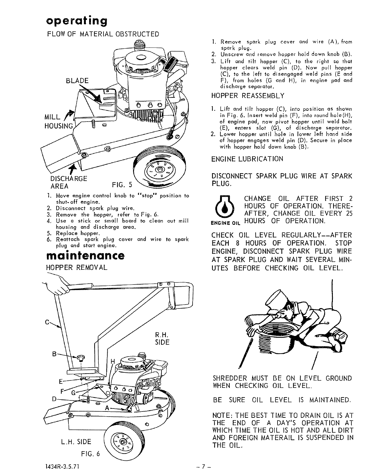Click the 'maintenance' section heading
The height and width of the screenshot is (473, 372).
(x=85, y=256)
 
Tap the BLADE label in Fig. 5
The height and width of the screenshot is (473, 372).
(x=77, y=81)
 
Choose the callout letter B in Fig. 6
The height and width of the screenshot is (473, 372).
(x=54, y=354)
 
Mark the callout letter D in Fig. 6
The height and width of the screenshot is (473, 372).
(x=54, y=399)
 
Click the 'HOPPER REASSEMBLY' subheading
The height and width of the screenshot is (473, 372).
(x=248, y=96)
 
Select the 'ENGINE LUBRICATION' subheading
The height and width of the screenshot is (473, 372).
(x=247, y=159)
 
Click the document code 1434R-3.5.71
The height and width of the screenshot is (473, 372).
(x=62, y=466)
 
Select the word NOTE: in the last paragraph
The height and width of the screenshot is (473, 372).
(x=222, y=415)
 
